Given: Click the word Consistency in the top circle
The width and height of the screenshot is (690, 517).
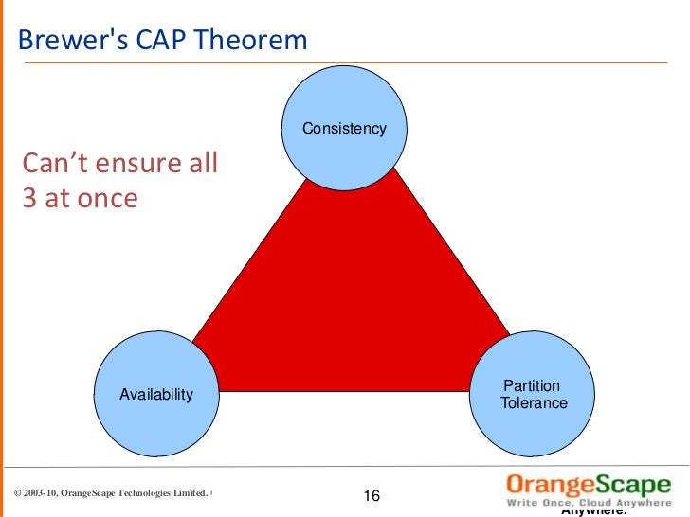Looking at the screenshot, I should click(344, 128).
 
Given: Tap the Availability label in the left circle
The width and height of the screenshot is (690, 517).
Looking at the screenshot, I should click(155, 394).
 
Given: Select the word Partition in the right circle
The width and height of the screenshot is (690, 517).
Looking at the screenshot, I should click(531, 385).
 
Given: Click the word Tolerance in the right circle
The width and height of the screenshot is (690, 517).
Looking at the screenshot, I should click(534, 403).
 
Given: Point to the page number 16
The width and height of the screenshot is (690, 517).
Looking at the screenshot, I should click(371, 497).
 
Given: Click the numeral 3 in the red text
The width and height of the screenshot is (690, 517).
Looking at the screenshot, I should click(29, 199).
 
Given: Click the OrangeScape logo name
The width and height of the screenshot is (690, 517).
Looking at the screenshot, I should click(588, 481).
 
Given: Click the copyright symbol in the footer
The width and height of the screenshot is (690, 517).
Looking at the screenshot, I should click(19, 493).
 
